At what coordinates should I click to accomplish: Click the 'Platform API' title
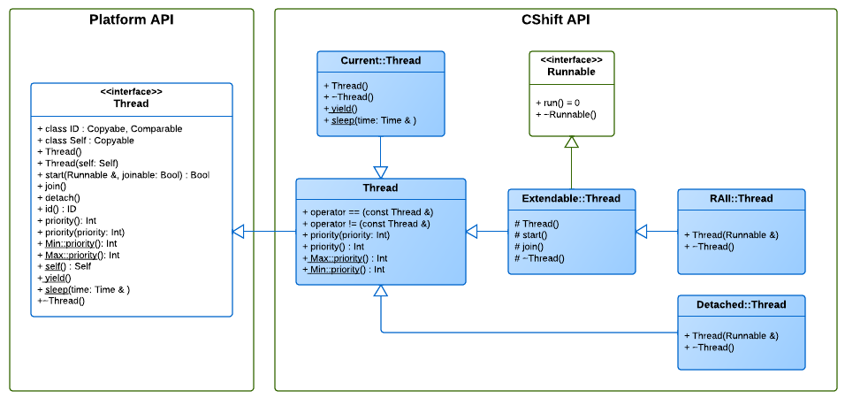tap(131, 20)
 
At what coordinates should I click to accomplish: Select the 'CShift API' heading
tap(556, 20)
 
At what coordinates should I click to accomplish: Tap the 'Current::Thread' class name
tap(380, 60)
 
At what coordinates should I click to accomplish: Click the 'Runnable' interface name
tap(571, 71)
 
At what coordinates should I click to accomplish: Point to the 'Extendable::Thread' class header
tap(571, 198)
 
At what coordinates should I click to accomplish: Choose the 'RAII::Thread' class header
tap(741, 198)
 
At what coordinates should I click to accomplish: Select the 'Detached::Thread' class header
tap(741, 304)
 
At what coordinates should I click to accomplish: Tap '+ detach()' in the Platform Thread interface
tap(59, 198)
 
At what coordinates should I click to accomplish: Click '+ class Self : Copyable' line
tap(86, 141)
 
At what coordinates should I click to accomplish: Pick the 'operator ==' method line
tap(368, 212)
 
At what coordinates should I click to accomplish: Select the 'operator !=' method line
tap(367, 224)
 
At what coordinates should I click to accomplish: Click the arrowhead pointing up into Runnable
tap(571, 142)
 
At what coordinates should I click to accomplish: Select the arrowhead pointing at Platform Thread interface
tap(238, 232)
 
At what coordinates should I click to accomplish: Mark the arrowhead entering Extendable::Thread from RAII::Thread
tap(642, 232)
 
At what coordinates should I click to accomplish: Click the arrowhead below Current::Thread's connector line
tap(380, 172)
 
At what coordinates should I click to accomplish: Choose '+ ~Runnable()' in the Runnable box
tap(566, 114)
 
